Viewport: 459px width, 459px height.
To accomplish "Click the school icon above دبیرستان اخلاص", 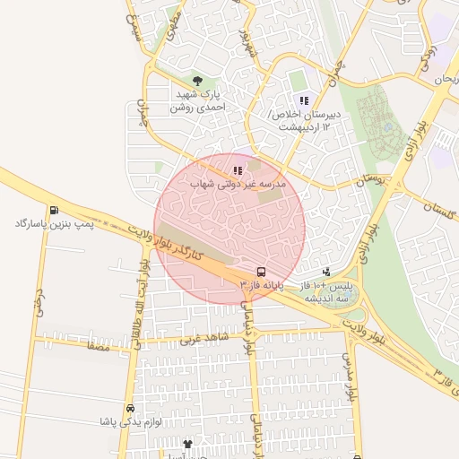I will pos(304,100).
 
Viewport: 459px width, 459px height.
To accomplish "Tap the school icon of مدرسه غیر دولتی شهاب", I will pos(237,169).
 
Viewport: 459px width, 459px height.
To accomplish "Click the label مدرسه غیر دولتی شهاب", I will pos(237,183).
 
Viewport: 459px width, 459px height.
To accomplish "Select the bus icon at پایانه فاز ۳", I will pos(261,271).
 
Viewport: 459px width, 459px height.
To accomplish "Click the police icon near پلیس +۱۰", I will pos(325,271).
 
